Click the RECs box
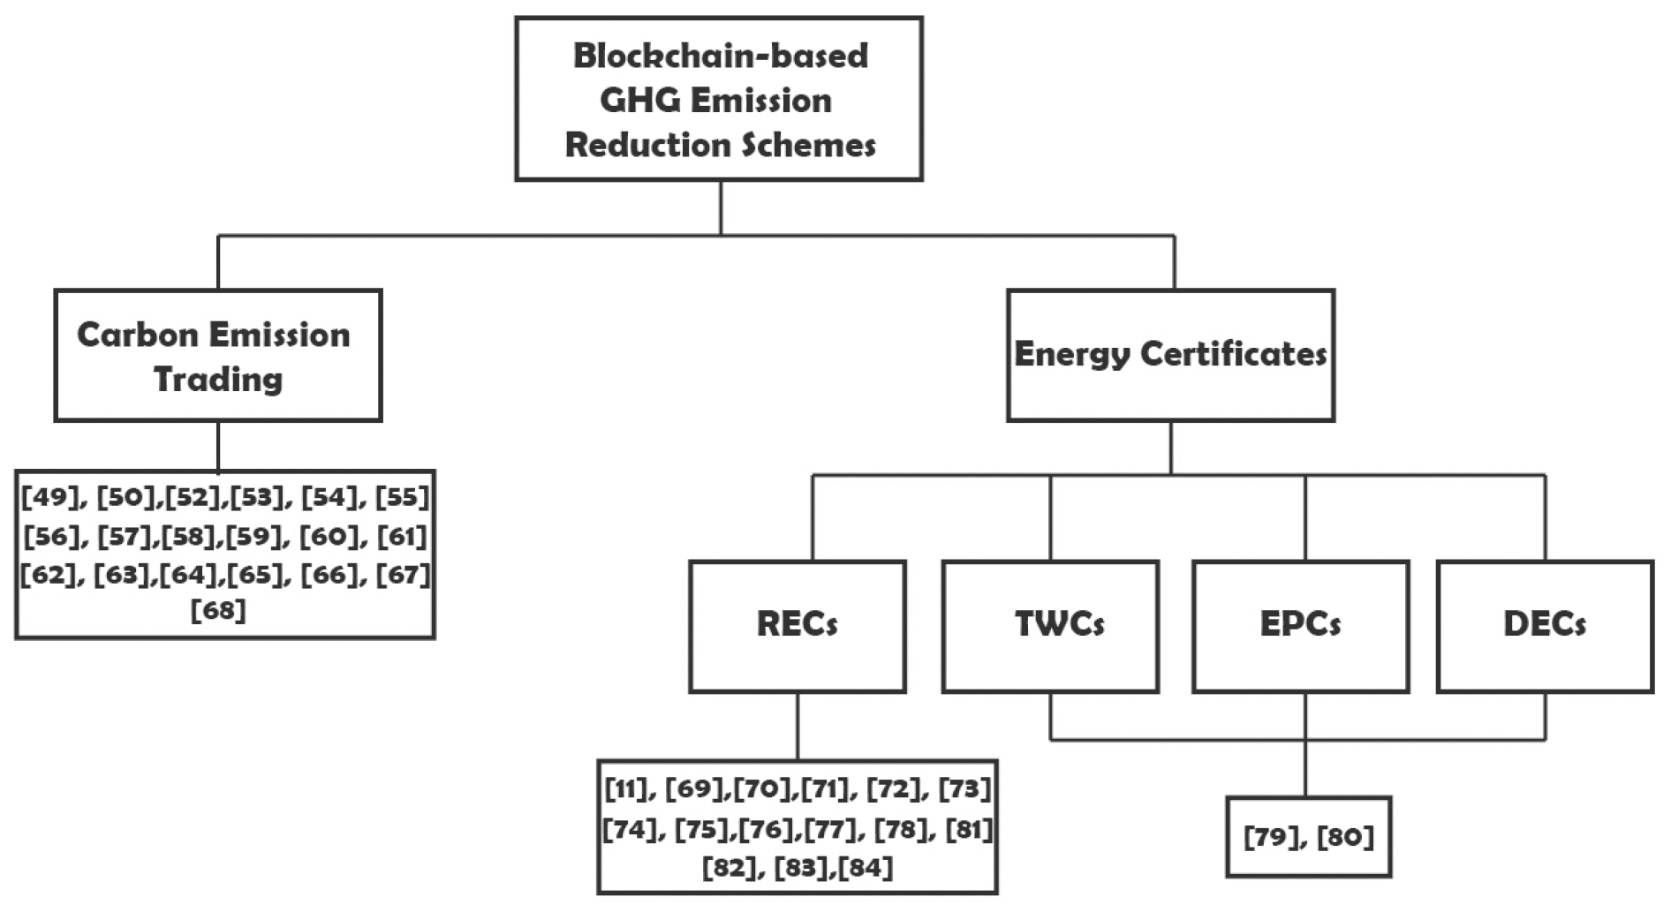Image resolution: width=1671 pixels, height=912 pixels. pyautogui.click(x=797, y=625)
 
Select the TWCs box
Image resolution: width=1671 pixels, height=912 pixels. pyautogui.click(x=1050, y=625)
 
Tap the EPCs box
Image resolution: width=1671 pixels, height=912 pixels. pyautogui.click(x=1300, y=625)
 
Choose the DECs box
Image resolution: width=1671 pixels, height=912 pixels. pyautogui.click(x=1545, y=625)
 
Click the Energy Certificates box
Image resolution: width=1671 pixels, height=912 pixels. pyautogui.click(x=1170, y=355)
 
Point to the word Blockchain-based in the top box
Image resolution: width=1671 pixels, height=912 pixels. pyautogui.click(x=721, y=56)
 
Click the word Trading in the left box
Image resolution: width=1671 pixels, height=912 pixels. pyautogui.click(x=218, y=380)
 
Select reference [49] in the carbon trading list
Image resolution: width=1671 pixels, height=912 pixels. pyautogui.click(x=50, y=497)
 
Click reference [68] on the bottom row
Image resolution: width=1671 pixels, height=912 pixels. pyautogui.click(x=218, y=610)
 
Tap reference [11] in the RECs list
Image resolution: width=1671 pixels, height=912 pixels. pyautogui.click(x=626, y=788)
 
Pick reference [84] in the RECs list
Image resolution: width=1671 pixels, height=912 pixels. pyautogui.click(x=866, y=868)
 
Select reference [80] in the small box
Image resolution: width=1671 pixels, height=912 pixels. pyautogui.click(x=1345, y=836)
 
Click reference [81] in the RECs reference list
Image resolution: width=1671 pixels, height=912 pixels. pyautogui.click(x=969, y=829)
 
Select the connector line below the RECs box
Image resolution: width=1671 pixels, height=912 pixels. pyautogui.click(x=798, y=726)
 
